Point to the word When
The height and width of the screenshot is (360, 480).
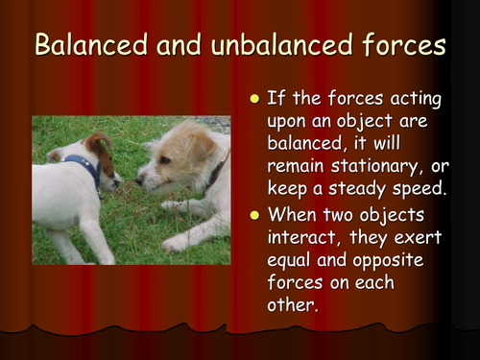(x=299, y=214)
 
